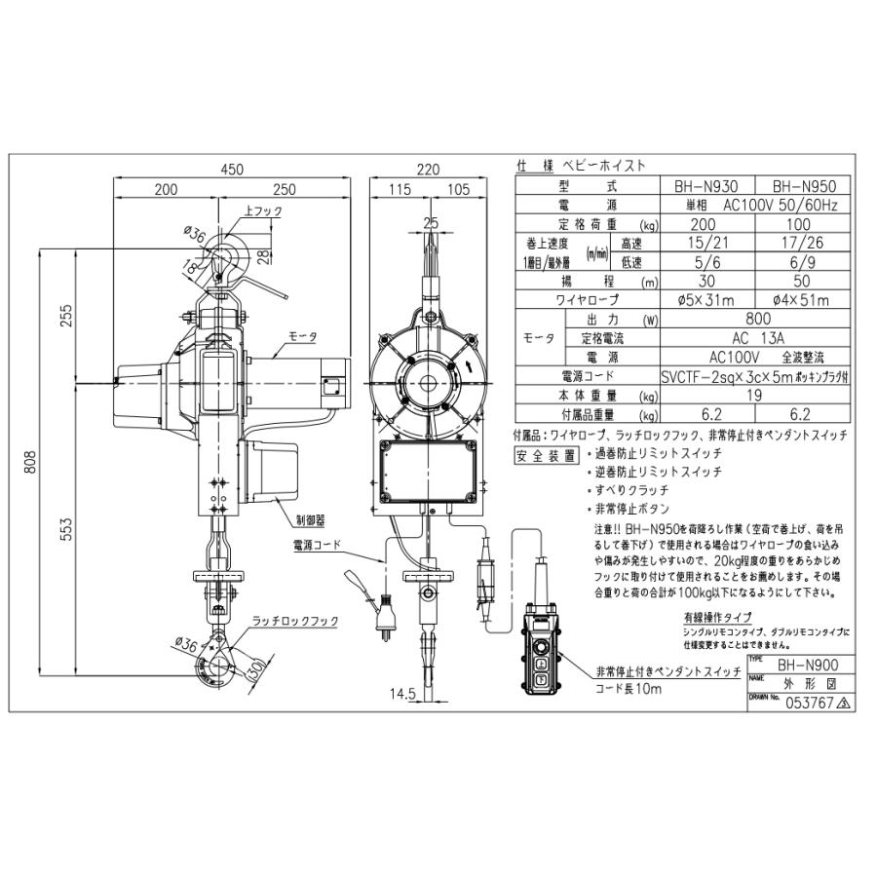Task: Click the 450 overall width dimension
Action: (x=231, y=169)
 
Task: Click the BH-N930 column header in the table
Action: (x=712, y=185)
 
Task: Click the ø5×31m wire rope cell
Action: (x=712, y=300)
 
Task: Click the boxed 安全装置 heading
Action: (x=542, y=455)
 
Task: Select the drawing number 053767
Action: (x=803, y=699)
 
